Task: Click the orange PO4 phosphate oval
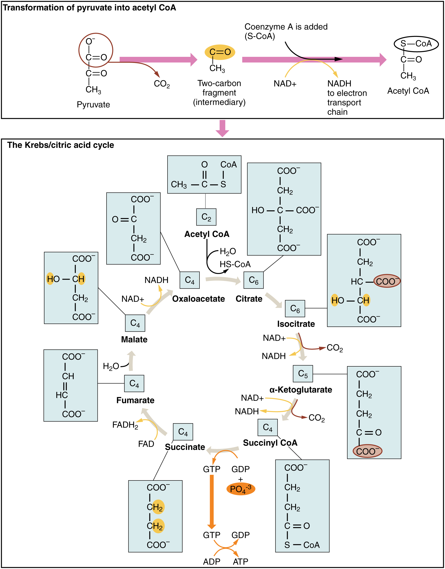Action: [241, 489]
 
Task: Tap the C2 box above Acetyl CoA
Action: [206, 217]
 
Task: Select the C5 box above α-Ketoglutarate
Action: [303, 374]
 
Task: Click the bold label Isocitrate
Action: [296, 324]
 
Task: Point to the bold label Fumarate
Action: [135, 400]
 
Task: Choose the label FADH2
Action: [125, 425]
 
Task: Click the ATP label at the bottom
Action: [240, 562]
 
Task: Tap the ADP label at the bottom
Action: [212, 562]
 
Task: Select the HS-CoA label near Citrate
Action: [235, 264]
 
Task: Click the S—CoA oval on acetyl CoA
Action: [416, 44]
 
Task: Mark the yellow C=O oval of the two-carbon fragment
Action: [220, 52]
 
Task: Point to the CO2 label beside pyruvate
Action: [162, 84]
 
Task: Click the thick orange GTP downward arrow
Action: [212, 502]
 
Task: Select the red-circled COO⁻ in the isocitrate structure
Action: [387, 281]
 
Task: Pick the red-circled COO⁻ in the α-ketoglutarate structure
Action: [367, 451]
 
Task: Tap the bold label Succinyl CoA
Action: [270, 443]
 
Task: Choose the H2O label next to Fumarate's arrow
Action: [111, 366]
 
